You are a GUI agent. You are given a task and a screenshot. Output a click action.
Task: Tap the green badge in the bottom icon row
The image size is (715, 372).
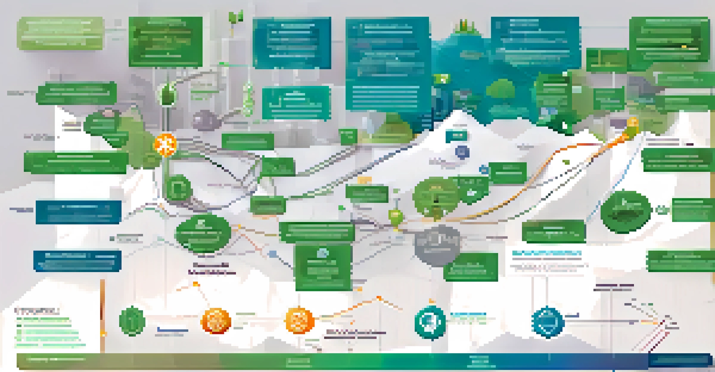point(132,321)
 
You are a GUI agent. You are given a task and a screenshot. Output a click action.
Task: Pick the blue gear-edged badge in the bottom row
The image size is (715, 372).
point(546,321)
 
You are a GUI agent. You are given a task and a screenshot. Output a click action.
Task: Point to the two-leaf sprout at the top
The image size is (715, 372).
point(233,18)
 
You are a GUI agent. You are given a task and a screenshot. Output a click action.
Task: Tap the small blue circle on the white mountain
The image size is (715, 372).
point(462,152)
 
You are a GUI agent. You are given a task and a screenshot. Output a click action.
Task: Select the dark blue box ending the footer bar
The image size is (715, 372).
point(681,360)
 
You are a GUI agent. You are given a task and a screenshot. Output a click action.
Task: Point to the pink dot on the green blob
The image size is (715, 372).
point(108,113)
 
